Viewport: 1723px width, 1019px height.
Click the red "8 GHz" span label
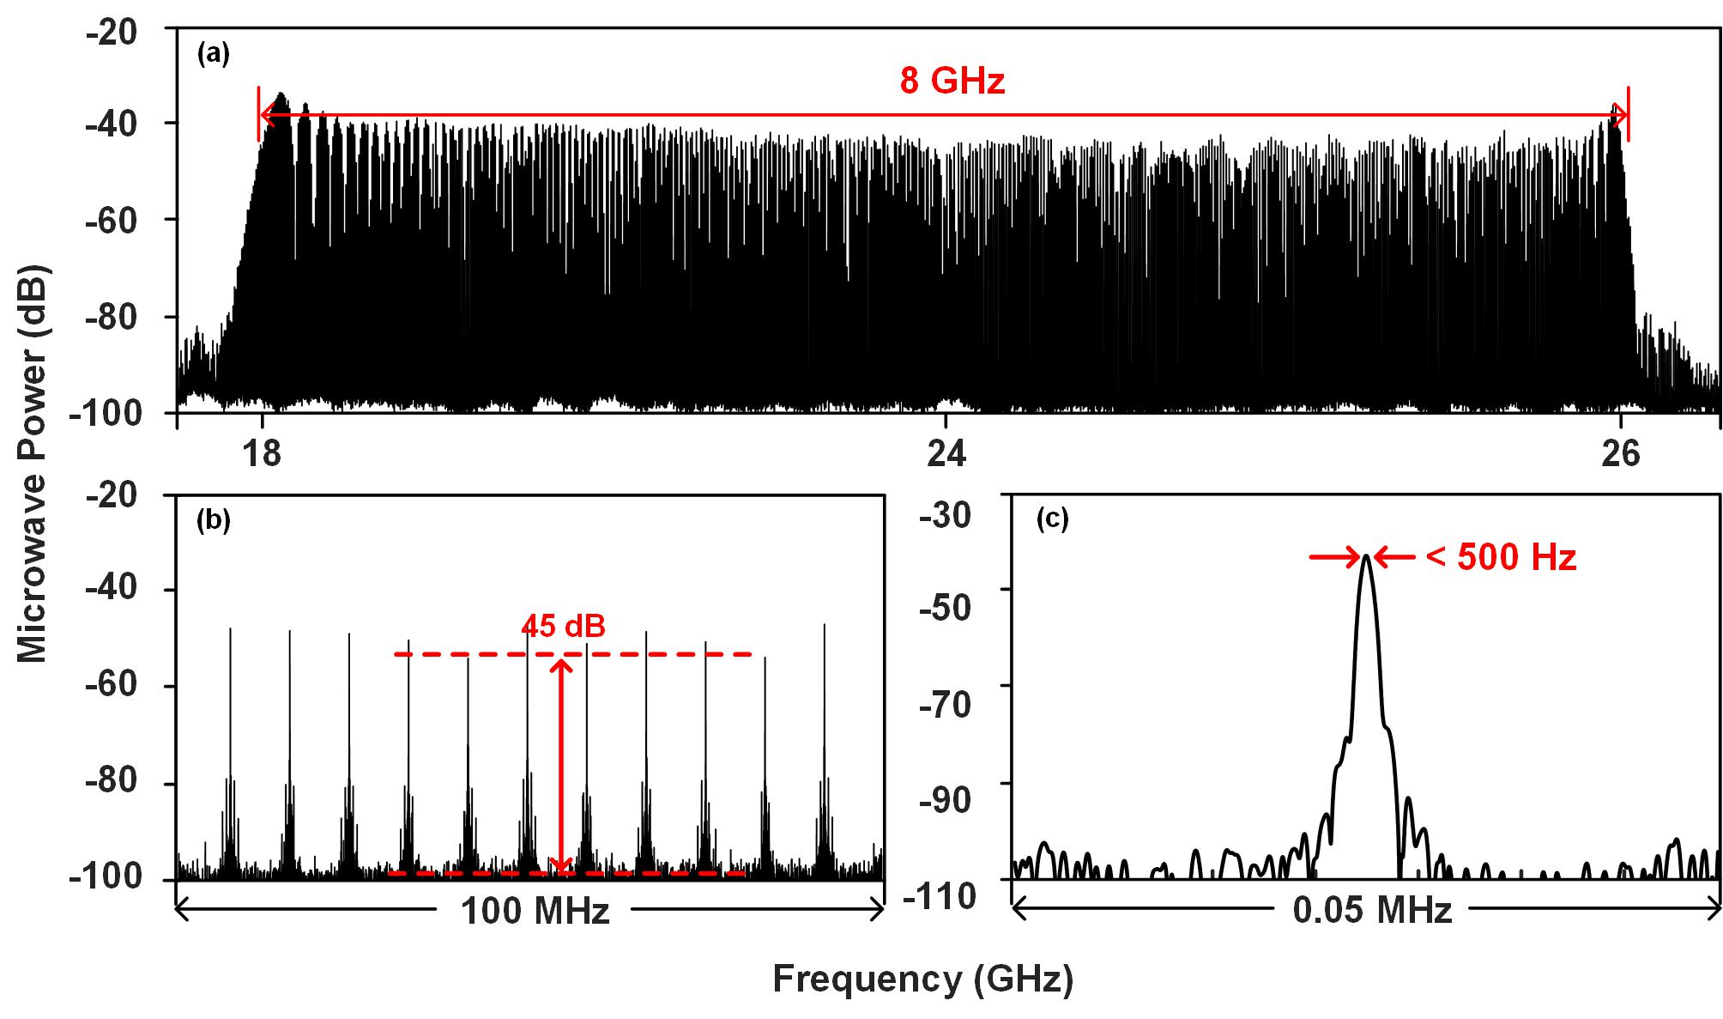(x=952, y=82)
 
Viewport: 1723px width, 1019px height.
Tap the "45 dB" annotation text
(x=563, y=626)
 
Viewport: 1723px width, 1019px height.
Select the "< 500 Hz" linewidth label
(x=1501, y=558)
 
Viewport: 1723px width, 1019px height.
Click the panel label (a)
(x=214, y=55)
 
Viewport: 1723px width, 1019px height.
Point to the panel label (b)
(x=214, y=520)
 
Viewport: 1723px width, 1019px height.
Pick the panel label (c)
(x=1052, y=519)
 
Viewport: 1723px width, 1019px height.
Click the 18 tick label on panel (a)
(x=262, y=452)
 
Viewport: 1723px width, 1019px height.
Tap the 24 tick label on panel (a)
(x=946, y=452)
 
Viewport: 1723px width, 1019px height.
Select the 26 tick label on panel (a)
(x=1620, y=452)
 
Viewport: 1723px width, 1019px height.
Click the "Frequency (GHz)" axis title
(x=922, y=980)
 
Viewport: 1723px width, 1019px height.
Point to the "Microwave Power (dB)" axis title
(x=33, y=464)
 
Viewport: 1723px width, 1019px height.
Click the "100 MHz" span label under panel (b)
(x=535, y=911)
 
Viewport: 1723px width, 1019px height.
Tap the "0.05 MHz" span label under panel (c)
(x=1372, y=911)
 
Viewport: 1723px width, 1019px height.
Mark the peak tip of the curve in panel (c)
(x=1365, y=556)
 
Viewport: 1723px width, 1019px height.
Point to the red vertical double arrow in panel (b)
(x=561, y=764)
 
